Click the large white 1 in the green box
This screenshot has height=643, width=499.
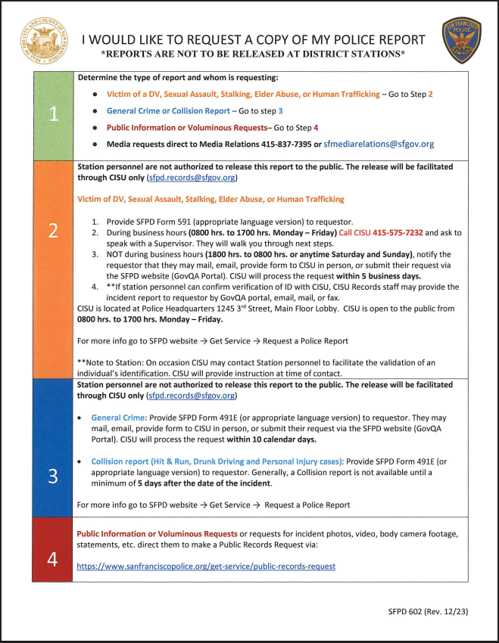[52, 114]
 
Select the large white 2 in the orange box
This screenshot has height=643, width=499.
[52, 230]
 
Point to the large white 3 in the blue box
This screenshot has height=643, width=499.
[52, 475]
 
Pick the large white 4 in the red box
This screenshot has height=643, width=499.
[52, 559]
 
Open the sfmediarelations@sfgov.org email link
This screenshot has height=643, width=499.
[379, 144]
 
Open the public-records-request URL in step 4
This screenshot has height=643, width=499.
[206, 566]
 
